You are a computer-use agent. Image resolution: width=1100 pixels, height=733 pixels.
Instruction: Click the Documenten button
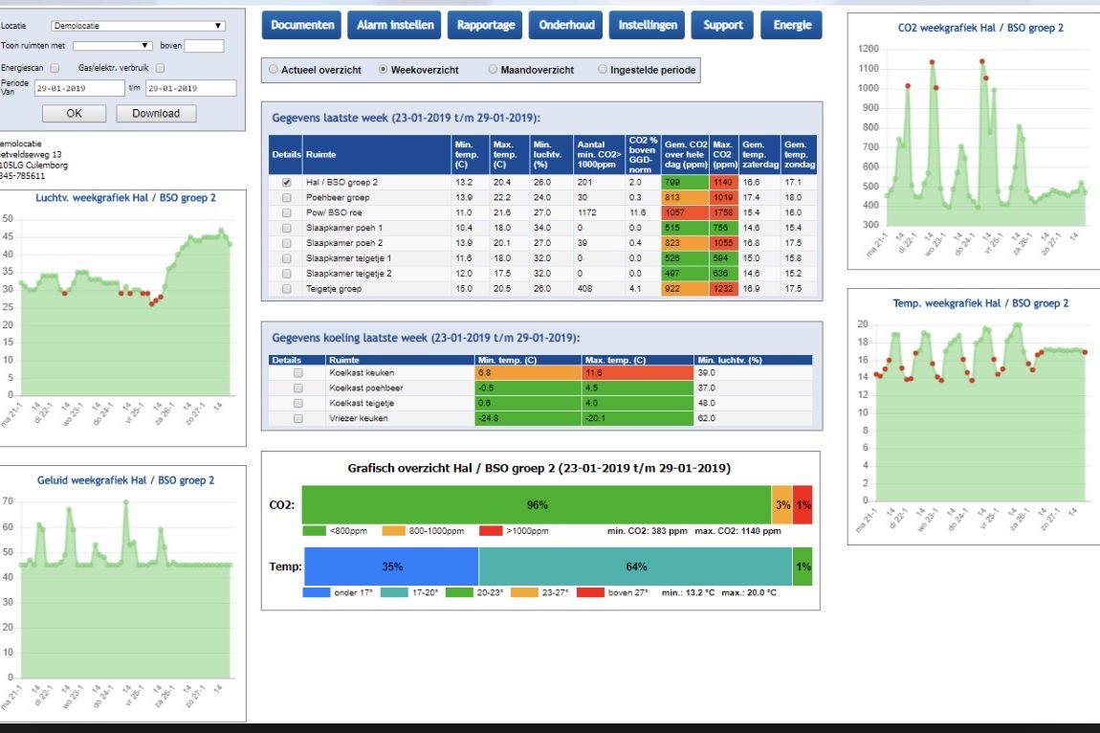302,25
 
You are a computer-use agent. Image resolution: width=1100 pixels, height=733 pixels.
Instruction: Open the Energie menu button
791,25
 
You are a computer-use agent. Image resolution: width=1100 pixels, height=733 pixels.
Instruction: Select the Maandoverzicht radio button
493,70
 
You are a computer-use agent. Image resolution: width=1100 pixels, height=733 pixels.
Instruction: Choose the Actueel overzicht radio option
274,70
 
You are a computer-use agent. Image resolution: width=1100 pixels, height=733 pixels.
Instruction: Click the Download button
156,113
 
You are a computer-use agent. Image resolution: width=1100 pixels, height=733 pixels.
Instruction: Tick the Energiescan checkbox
55,68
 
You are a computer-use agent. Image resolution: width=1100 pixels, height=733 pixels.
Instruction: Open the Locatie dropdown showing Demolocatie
139,26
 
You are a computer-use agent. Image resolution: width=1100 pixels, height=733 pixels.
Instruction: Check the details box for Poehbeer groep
287,197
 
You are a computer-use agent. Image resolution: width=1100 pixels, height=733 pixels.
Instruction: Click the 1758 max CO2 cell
722,212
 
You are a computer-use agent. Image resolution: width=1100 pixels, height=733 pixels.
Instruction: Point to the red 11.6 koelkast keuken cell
636,372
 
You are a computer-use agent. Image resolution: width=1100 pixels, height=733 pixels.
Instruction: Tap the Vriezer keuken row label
359,419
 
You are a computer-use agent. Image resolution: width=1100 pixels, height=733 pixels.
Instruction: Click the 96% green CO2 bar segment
537,504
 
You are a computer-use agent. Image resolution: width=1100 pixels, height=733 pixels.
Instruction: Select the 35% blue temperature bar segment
391,566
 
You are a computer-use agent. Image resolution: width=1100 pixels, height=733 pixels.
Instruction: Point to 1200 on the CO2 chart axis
868,49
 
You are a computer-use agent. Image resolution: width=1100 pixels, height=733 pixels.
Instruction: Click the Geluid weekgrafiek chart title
125,480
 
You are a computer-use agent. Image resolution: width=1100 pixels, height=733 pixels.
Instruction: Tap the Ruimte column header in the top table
320,154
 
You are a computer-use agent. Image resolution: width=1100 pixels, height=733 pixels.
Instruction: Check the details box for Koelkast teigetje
298,404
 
